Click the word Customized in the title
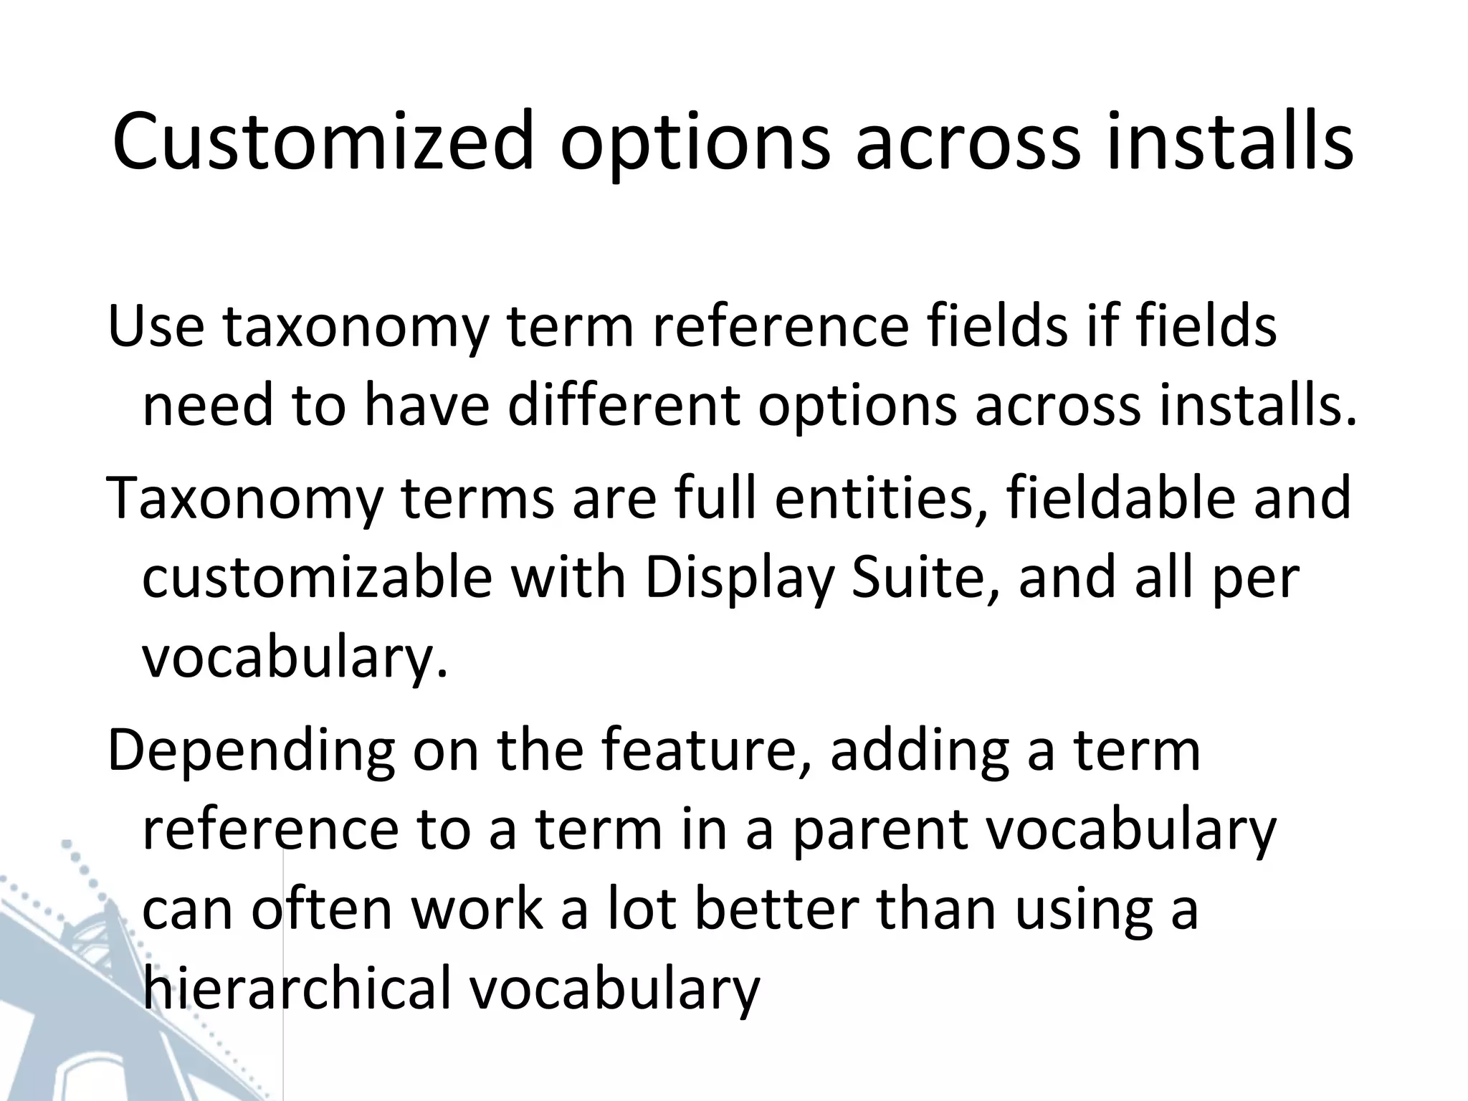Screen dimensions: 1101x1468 click(323, 141)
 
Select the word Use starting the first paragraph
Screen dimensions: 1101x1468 click(156, 326)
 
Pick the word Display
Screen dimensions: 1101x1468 click(739, 578)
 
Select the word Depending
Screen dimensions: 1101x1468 click(251, 750)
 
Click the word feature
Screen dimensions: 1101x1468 click(707, 750)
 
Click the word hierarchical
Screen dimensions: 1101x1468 click(297, 988)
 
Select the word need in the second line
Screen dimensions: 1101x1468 click(208, 406)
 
